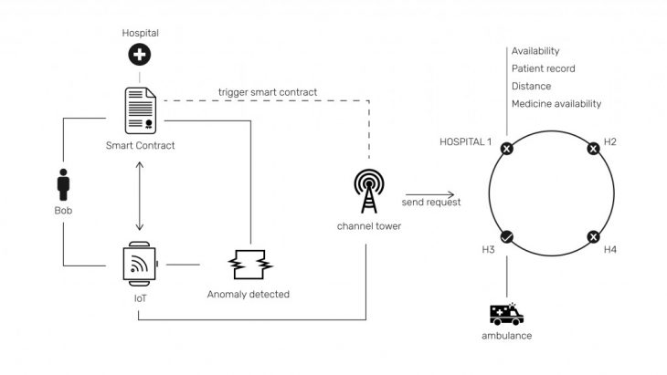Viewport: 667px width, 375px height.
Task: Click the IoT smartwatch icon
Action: tap(139, 266)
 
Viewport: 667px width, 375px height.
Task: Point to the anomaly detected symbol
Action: tap(249, 266)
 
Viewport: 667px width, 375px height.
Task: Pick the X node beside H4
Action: tap(594, 238)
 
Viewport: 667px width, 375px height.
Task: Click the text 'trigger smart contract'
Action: tap(267, 92)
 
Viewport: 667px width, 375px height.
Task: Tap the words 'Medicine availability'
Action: tap(556, 104)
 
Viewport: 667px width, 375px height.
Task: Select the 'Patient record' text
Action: tap(544, 68)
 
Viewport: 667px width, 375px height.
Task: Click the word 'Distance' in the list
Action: tap(532, 86)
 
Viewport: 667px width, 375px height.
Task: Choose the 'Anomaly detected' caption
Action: tap(249, 295)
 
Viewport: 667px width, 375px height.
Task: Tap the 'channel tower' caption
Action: tap(370, 225)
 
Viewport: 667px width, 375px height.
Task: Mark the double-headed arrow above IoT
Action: tap(139, 196)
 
